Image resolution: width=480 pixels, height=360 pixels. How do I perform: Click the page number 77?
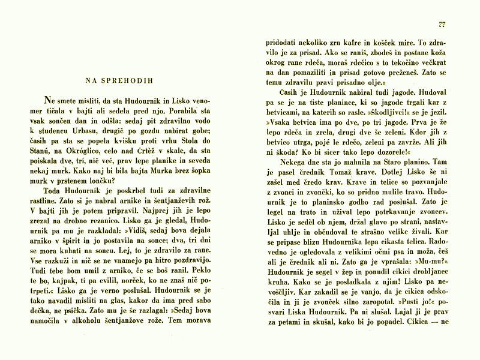[x=442, y=25]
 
